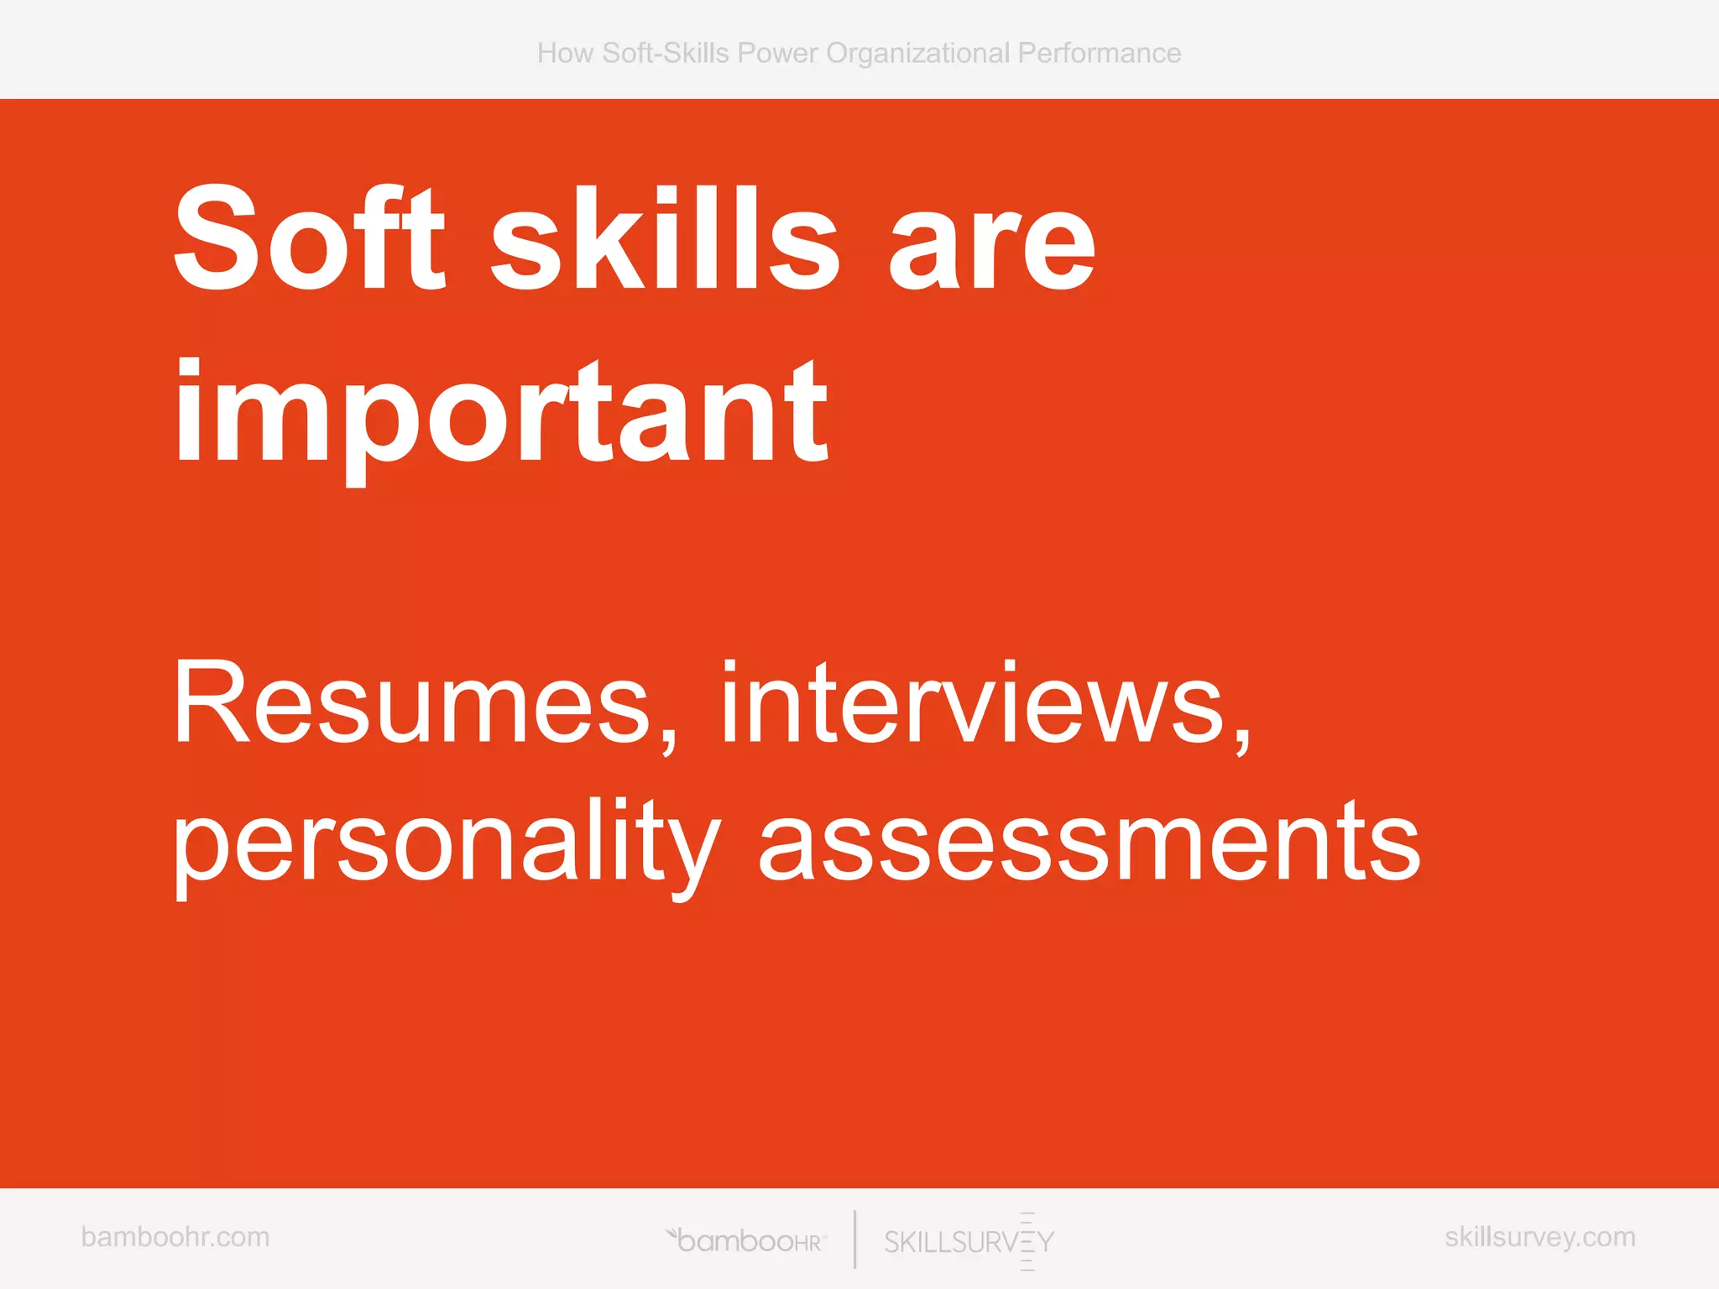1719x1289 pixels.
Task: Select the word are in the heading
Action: [991, 248]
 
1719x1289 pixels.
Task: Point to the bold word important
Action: [501, 415]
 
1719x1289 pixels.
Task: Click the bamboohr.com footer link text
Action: [175, 1237]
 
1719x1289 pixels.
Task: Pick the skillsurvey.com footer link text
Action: [1540, 1237]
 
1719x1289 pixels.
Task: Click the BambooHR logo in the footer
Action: [747, 1240]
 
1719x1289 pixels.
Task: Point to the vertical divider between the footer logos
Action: [855, 1239]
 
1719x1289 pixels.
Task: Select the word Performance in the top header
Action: [1100, 54]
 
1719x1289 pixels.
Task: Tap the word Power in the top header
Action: [777, 54]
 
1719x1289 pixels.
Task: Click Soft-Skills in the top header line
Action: [666, 54]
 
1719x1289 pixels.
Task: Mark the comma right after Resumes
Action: [668, 742]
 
